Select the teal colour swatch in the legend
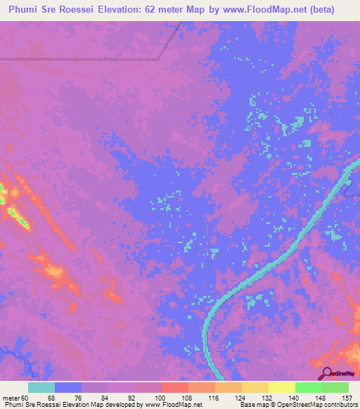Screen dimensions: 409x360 tap(41, 387)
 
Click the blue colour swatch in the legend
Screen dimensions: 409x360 tap(67, 387)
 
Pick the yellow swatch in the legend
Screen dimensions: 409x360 tap(281, 387)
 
